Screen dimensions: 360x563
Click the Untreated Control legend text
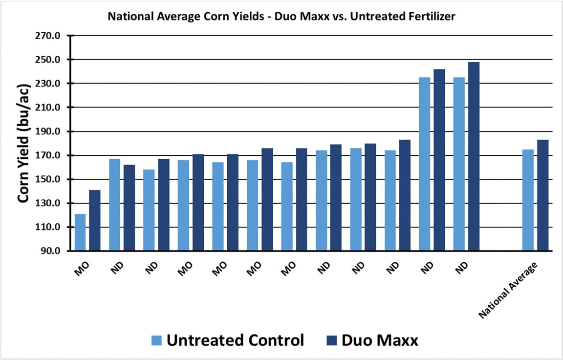[x=236, y=340]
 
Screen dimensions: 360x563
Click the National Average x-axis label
[x=509, y=290]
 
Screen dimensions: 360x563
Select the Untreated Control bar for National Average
[x=528, y=200]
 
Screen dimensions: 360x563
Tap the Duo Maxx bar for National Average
[x=543, y=195]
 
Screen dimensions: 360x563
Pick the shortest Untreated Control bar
[x=80, y=233]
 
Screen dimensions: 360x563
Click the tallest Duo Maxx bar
[x=474, y=156]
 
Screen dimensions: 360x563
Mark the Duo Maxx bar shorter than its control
[x=129, y=208]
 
